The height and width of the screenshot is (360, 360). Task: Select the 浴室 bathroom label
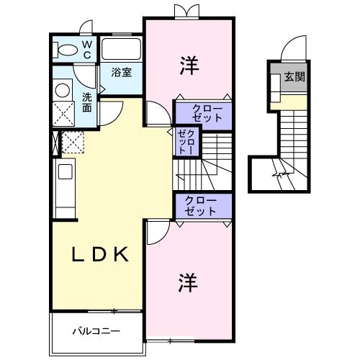121,72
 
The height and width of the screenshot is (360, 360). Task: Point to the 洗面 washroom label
86,102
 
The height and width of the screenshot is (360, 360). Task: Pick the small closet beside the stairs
186,140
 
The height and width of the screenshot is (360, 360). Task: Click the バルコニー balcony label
96,332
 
